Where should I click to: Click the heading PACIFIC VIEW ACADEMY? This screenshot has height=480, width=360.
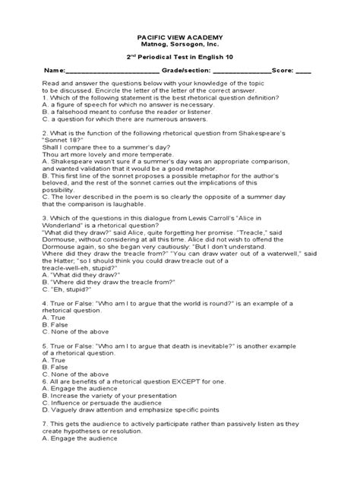click(180, 37)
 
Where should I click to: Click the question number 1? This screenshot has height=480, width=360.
click(45, 98)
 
